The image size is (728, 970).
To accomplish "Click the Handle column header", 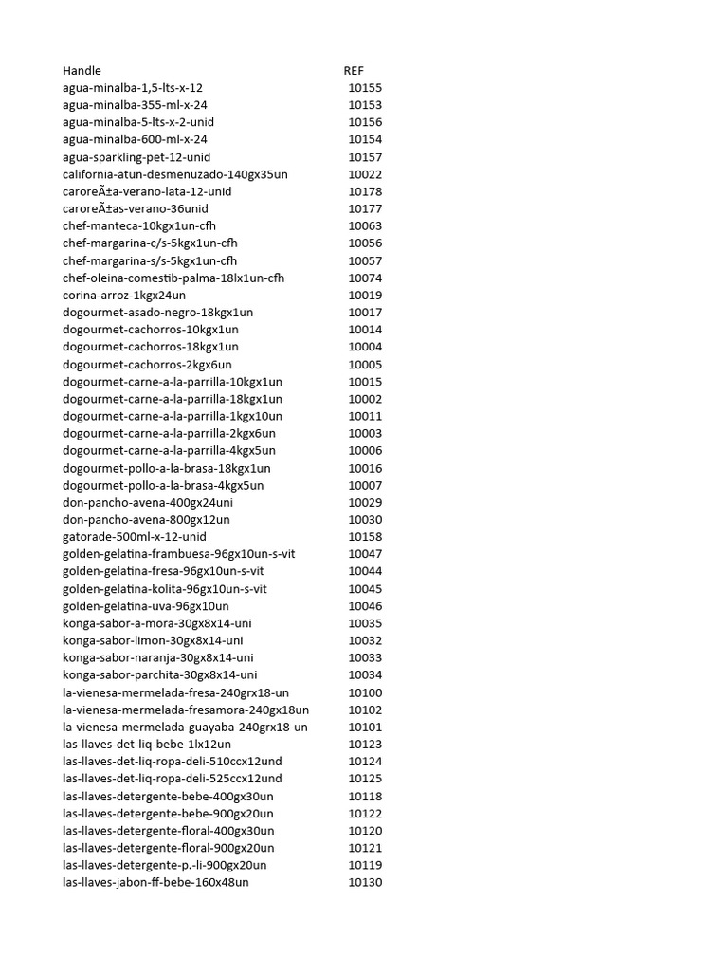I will pos(82,71).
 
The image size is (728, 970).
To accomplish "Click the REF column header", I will pos(354,71).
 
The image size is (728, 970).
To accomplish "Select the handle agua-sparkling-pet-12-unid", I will pos(136,157).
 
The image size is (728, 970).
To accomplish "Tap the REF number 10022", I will pos(365,174).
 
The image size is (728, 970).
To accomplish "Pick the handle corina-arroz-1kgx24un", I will pos(124,296).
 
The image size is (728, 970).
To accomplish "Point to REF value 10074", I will pos(365,278).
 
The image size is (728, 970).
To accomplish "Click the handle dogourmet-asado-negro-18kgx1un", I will pos(158,313).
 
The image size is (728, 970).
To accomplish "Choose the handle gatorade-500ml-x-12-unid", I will pos(135,537).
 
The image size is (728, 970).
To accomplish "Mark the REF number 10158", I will pos(365,537).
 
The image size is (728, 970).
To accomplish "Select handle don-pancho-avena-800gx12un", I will pos(146,520).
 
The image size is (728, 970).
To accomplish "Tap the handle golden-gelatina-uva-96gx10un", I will pos(146,606).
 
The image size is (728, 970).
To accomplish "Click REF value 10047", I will pos(365,554).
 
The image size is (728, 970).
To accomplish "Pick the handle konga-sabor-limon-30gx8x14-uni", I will pos(153,640).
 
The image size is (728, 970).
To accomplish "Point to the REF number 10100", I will pos(365,692).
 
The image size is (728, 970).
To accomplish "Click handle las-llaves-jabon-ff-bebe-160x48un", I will pos(156,883).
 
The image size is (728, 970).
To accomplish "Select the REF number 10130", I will pos(365,883).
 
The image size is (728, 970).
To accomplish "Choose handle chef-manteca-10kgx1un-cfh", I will pos(139,226).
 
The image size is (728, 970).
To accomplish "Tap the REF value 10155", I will pos(365,88).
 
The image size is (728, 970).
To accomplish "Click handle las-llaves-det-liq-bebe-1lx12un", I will pos(147,745).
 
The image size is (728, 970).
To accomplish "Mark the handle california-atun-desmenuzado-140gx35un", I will pos(175,174).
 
